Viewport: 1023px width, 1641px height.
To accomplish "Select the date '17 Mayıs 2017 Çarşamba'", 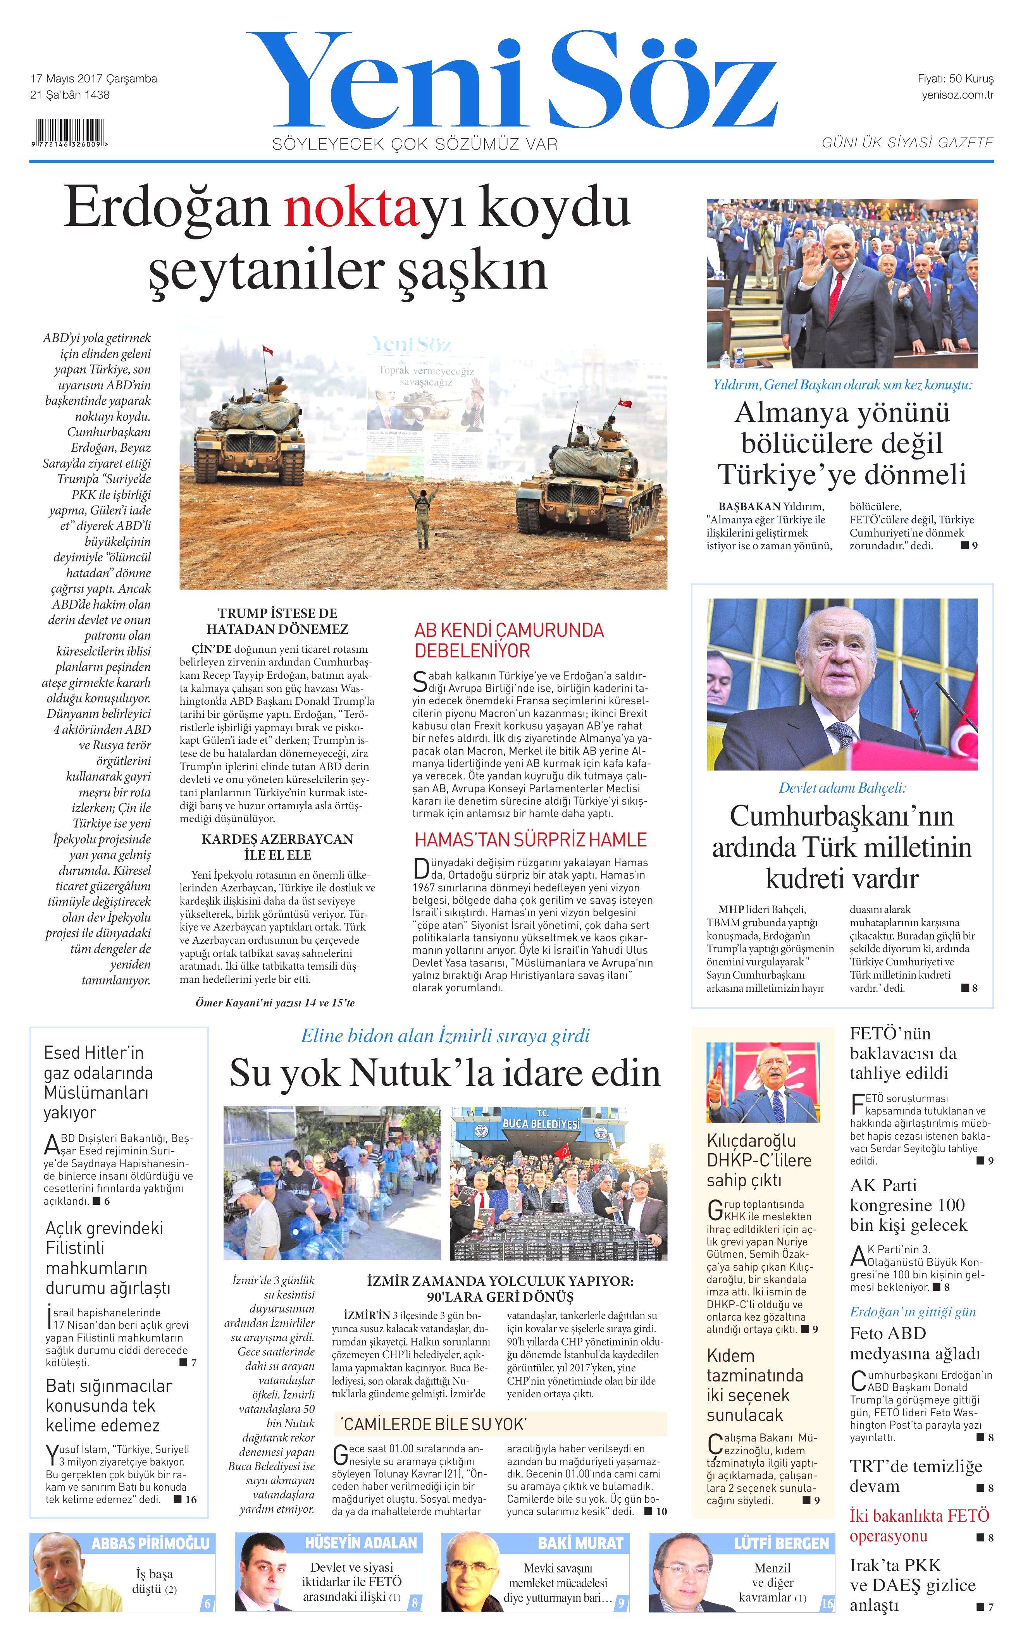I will (94, 79).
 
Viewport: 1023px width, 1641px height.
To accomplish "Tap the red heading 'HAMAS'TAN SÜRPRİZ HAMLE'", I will (530, 840).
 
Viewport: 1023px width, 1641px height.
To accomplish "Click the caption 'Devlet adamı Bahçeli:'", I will (842, 788).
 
